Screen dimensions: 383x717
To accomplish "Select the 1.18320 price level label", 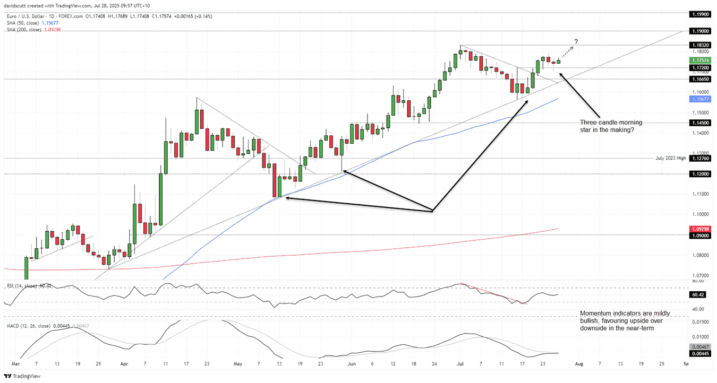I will point(699,45).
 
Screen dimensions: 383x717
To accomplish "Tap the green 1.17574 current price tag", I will point(699,61).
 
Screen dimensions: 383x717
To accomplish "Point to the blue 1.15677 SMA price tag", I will point(699,99).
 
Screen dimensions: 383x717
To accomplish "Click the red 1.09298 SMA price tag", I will point(699,229).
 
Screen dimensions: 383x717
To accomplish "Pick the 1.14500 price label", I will point(699,123).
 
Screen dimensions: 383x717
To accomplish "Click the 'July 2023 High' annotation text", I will point(670,158).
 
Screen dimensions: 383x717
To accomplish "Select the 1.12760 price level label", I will point(699,158).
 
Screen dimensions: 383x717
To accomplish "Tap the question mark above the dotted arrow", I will point(576,41).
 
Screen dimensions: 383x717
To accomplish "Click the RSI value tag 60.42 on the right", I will point(699,294).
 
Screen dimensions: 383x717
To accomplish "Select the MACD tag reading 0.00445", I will point(699,353).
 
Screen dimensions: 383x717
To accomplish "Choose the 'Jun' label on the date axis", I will point(351,364).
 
